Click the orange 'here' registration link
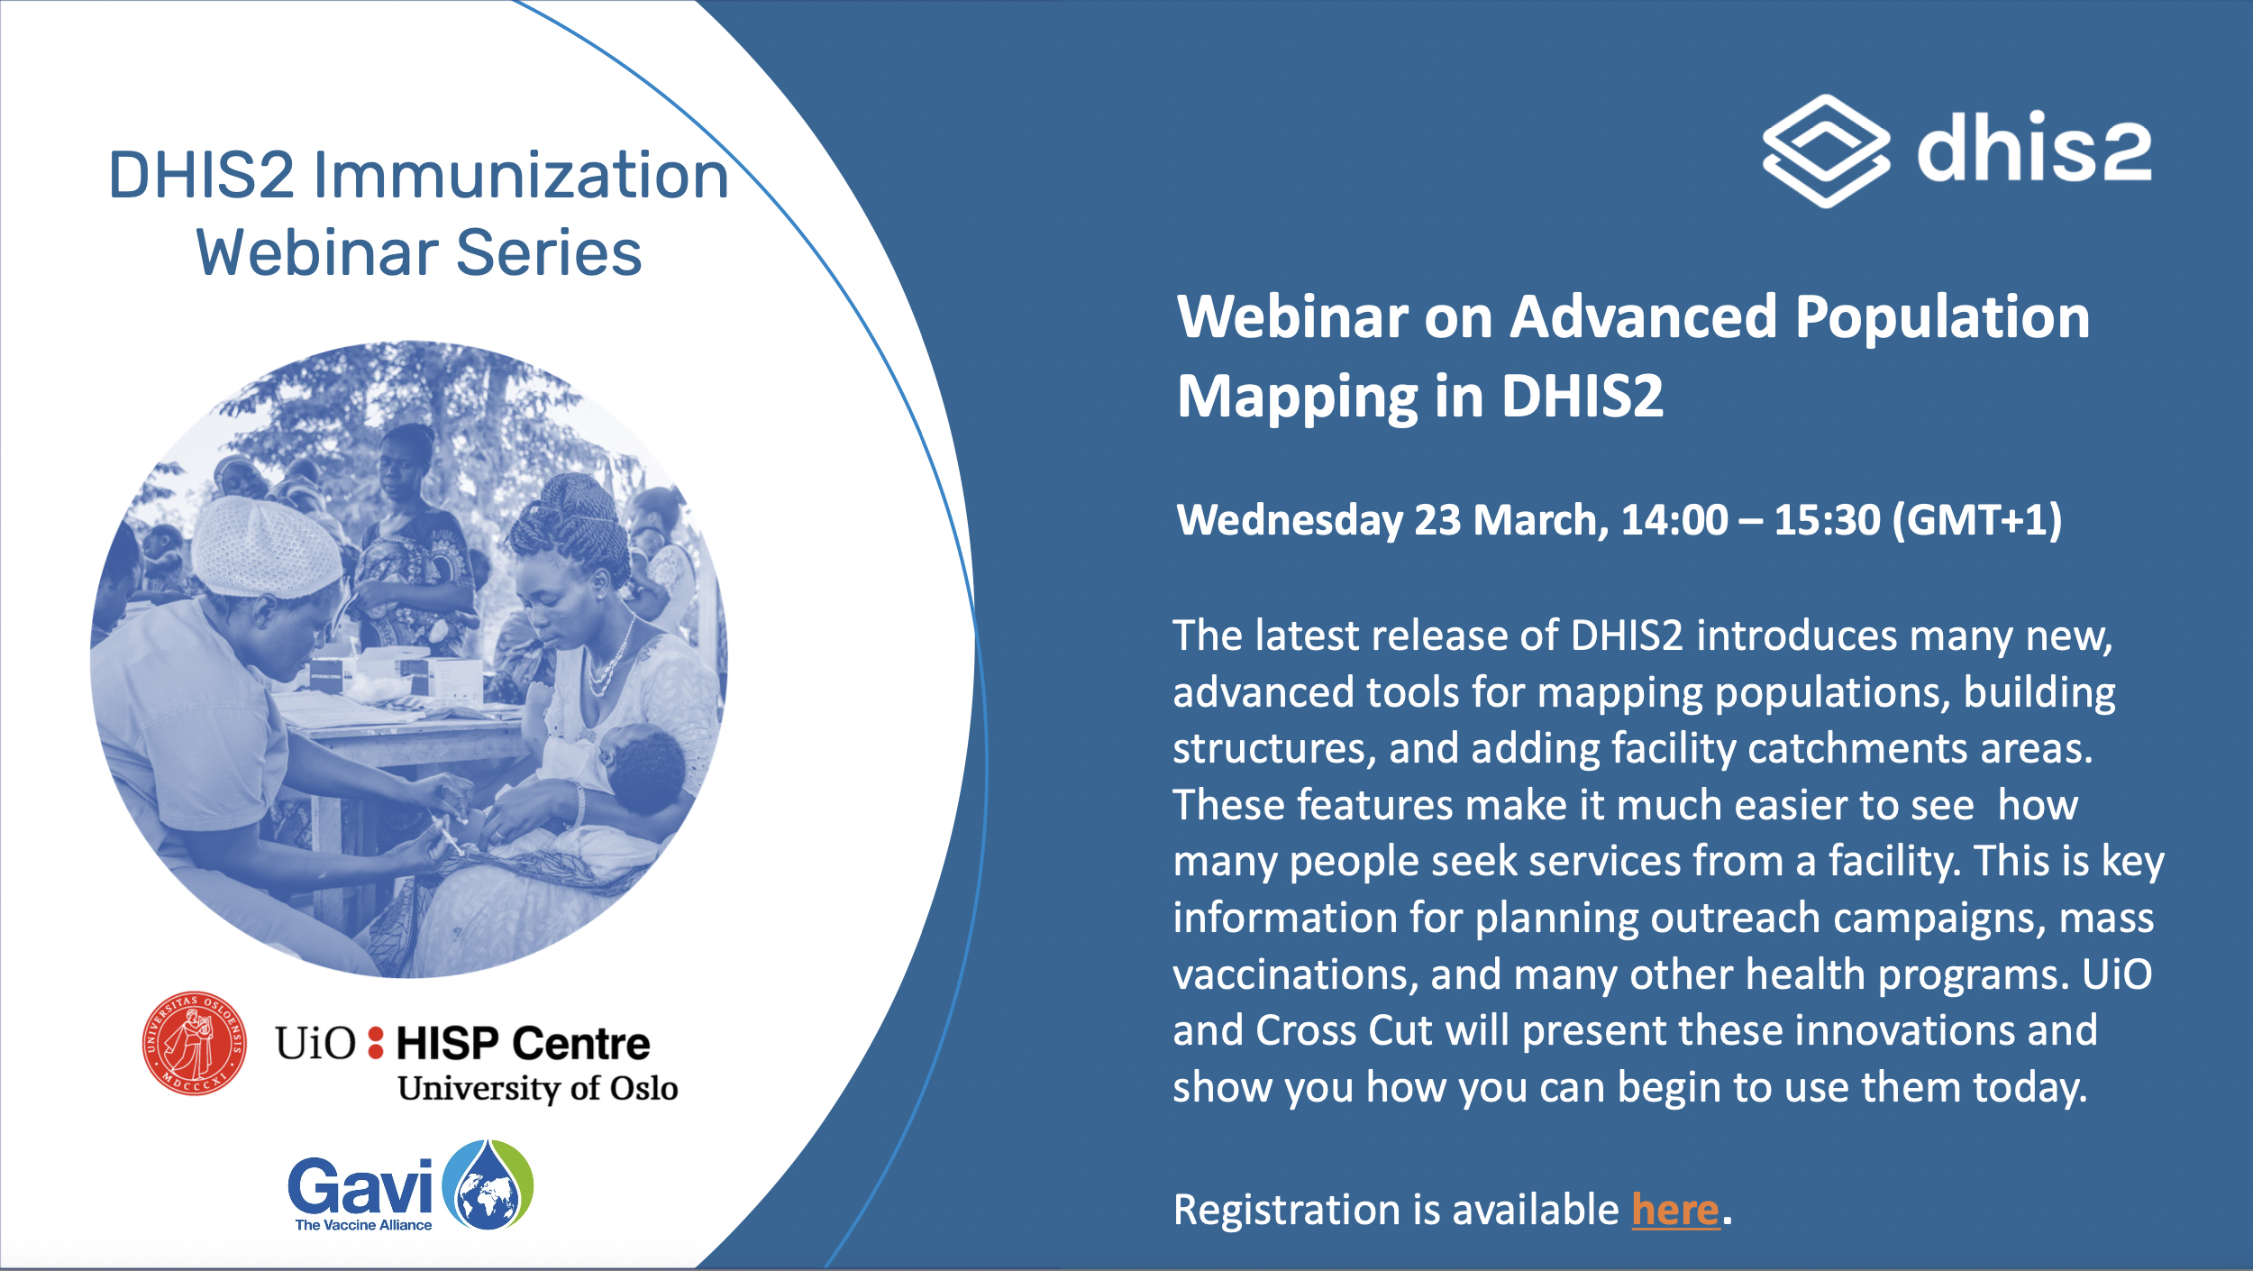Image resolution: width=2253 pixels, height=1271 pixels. pyautogui.click(x=1675, y=1210)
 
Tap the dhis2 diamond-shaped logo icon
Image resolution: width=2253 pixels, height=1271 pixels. pyautogui.click(x=1826, y=151)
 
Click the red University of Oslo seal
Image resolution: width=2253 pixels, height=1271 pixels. pyautogui.click(x=194, y=1044)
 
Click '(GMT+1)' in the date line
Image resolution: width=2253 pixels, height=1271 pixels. pyautogui.click(x=1977, y=521)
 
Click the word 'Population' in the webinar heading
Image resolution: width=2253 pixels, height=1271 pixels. pyautogui.click(x=1942, y=319)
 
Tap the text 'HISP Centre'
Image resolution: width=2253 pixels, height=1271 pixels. pyautogui.click(x=523, y=1044)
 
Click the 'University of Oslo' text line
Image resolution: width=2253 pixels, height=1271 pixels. pyautogui.click(x=538, y=1088)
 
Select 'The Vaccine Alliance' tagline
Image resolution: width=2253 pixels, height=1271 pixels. pyautogui.click(x=363, y=1225)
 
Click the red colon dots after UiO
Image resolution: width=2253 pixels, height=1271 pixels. pyautogui.click(x=376, y=1043)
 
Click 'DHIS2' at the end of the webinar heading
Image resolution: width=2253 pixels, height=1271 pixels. pyautogui.click(x=1583, y=397)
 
